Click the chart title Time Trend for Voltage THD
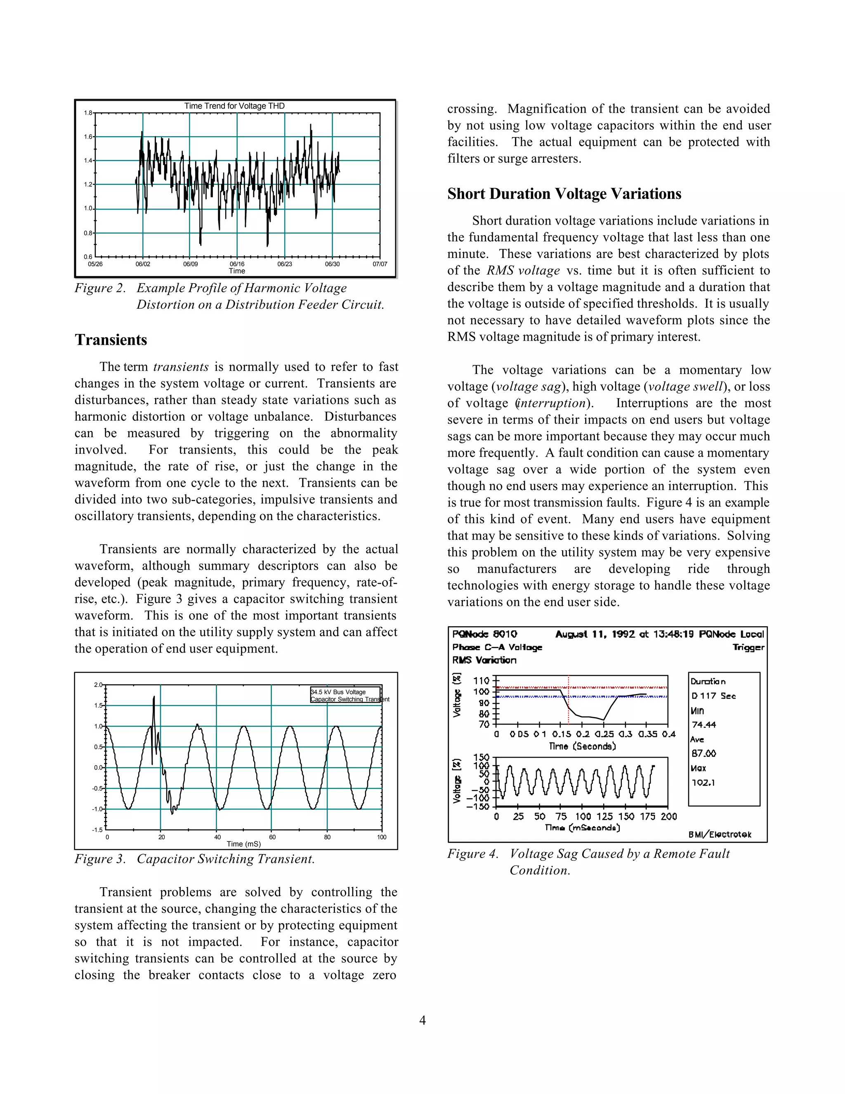(234, 106)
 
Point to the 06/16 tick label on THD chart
(237, 264)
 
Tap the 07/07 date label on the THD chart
(380, 264)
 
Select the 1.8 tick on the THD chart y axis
(88, 113)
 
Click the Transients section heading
(111, 340)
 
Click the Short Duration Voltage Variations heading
(564, 194)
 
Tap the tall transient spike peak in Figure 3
(153, 697)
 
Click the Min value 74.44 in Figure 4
(703, 725)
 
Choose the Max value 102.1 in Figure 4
(703, 782)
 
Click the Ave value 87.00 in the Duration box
(703, 753)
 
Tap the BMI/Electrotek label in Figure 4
(719, 834)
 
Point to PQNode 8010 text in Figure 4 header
(484, 634)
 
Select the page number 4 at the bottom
(422, 1021)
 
